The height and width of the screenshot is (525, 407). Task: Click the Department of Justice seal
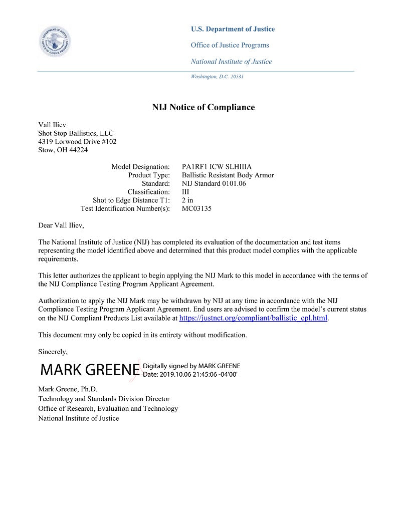55,41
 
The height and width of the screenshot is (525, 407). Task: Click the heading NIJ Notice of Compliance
203,107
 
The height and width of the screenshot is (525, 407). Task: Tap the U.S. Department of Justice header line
233,29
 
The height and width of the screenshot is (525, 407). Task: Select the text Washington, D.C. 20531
217,77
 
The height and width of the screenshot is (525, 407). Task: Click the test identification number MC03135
196,208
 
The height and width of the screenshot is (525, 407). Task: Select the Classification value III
185,192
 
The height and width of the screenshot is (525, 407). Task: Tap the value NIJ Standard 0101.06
214,183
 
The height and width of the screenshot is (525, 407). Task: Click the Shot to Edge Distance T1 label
131,200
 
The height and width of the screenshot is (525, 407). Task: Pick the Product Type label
149,175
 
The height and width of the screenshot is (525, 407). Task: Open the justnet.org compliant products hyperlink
253,318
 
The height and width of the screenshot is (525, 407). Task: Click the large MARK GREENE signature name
90,370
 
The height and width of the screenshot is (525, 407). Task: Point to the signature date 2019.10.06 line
190,374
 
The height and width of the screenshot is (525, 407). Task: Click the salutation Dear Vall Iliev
61,225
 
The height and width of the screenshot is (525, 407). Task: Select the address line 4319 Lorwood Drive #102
77,142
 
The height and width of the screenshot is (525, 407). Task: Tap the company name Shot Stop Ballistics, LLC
76,133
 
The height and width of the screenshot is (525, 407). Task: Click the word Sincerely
53,352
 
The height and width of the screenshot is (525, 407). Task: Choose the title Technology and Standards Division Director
104,399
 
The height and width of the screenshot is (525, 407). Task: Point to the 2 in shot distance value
187,200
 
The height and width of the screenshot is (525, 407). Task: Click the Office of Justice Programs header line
230,45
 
